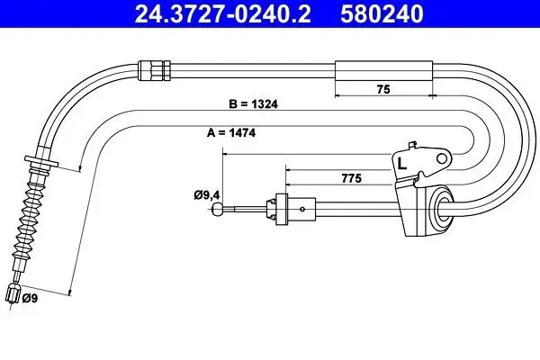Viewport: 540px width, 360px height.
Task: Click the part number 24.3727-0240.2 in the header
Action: pyautogui.click(x=223, y=13)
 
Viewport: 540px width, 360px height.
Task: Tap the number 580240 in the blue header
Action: pyautogui.click(x=382, y=13)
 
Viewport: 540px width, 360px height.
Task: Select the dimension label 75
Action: pyautogui.click(x=383, y=89)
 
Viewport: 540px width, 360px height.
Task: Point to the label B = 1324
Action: pyautogui.click(x=253, y=103)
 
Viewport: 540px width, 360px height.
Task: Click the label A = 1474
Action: pyautogui.click(x=231, y=132)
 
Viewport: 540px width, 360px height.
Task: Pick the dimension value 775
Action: pyautogui.click(x=352, y=178)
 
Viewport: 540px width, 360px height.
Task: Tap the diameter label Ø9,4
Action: pyautogui.click(x=207, y=195)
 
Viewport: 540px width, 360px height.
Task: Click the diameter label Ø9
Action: pyautogui.click(x=30, y=298)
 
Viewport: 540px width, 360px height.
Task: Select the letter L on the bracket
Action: pyautogui.click(x=402, y=164)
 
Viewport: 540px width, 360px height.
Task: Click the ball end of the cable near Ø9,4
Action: pyautogui.click(x=218, y=209)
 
